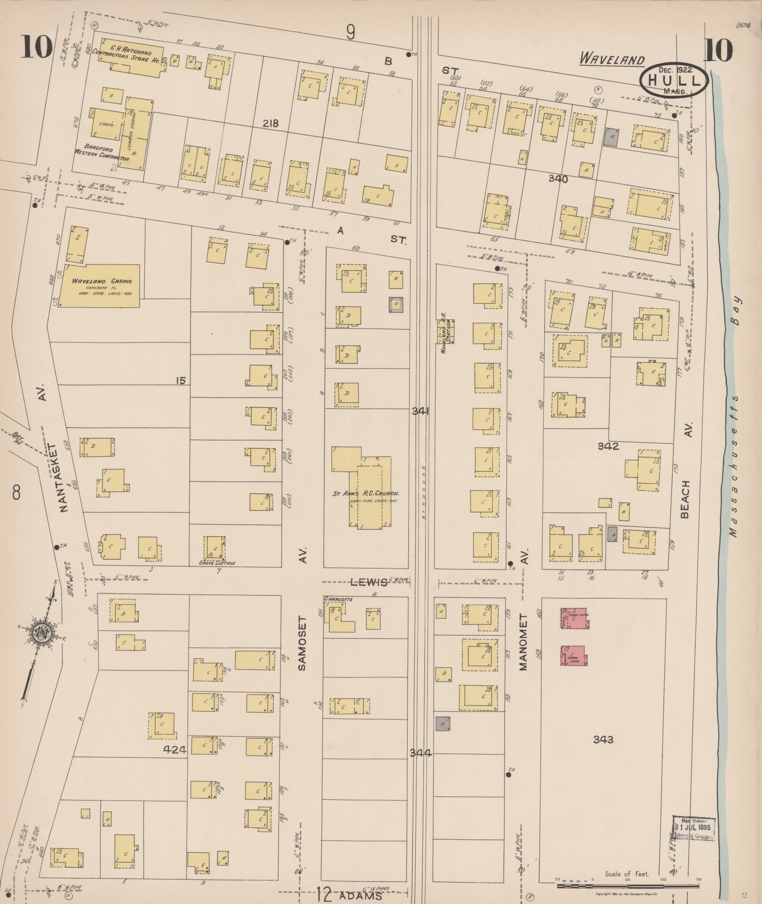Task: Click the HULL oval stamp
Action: pos(674,80)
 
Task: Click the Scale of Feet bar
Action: pos(626,879)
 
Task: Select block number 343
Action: pos(603,740)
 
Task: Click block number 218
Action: pos(271,124)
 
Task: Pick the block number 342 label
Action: pos(608,446)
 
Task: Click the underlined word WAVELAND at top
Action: pos(612,60)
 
